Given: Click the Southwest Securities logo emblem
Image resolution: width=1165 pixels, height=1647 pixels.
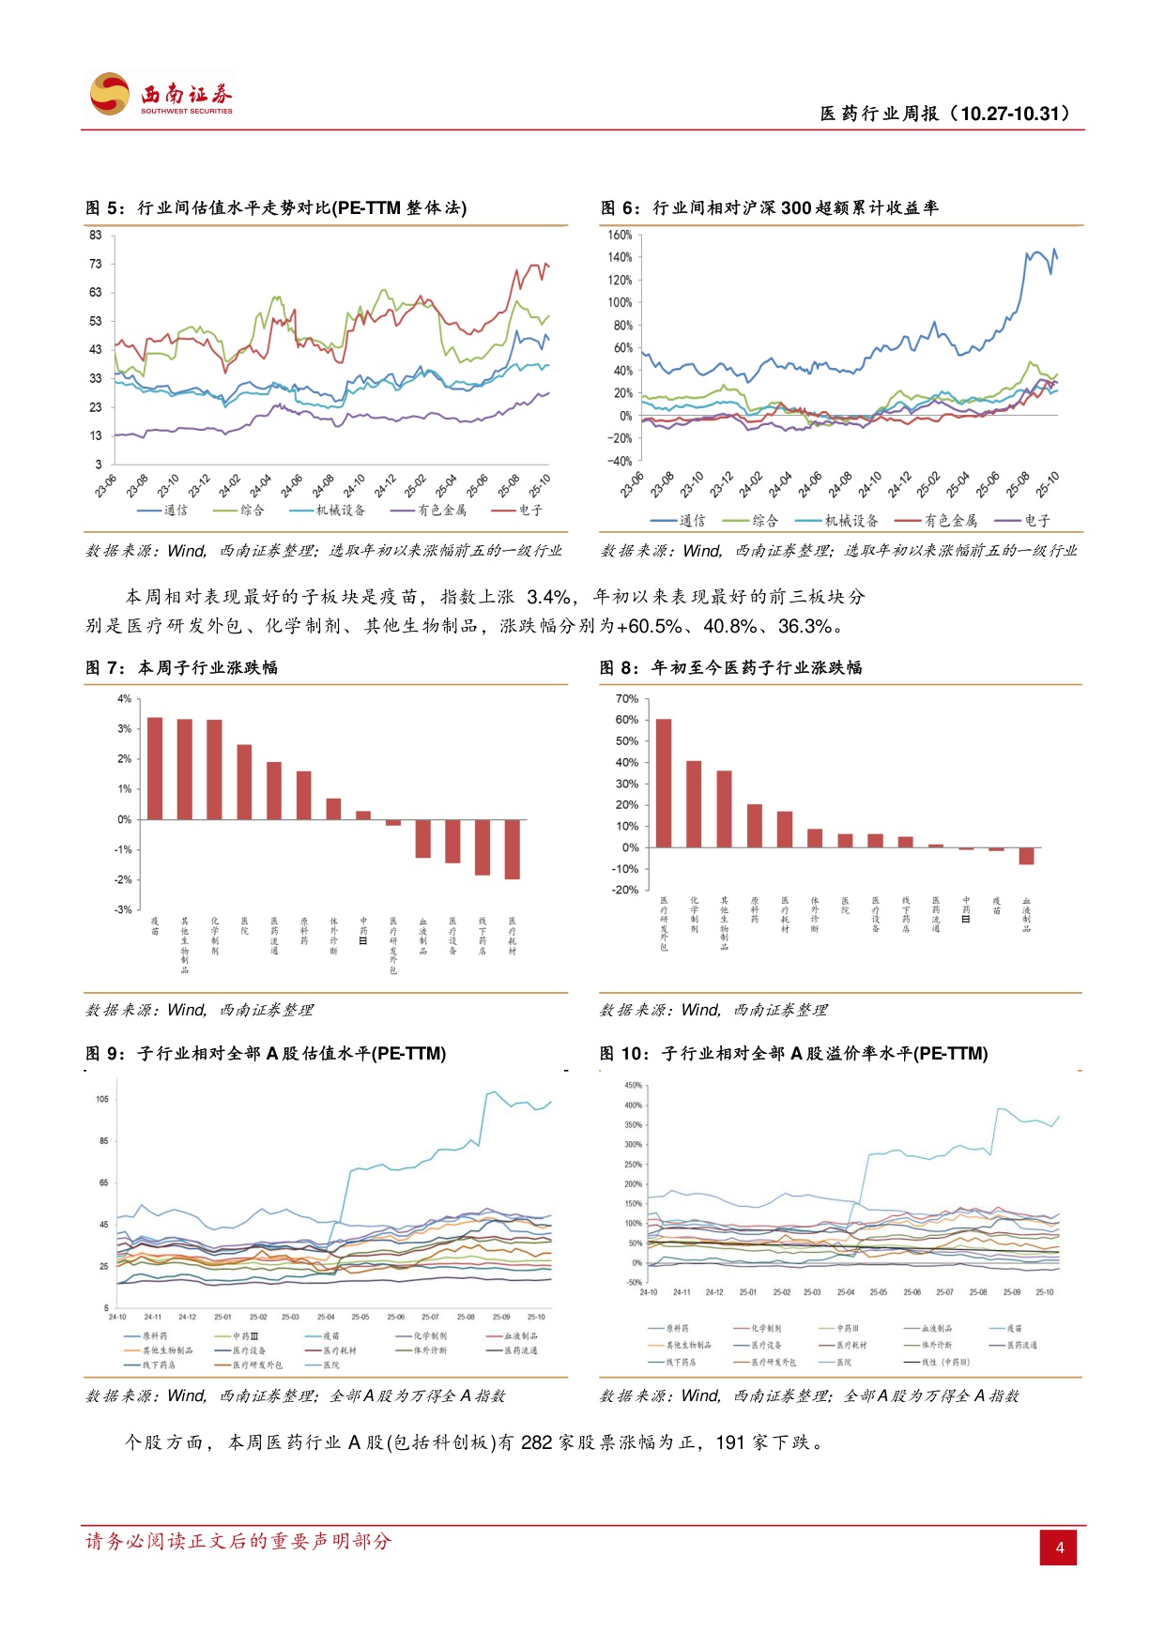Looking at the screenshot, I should click(x=110, y=94).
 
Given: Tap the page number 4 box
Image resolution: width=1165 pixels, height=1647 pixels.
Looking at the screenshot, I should click(x=1059, y=1548).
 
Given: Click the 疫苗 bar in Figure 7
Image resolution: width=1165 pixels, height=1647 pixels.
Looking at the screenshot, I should click(x=155, y=769).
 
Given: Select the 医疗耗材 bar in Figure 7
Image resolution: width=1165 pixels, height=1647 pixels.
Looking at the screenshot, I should click(x=512, y=848).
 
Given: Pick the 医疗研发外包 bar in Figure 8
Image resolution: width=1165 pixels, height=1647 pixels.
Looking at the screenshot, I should click(x=664, y=783).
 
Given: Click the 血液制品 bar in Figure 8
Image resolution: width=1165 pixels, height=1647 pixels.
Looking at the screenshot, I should click(x=1026, y=855).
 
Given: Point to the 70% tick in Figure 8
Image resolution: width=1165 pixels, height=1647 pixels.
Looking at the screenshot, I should click(x=626, y=699).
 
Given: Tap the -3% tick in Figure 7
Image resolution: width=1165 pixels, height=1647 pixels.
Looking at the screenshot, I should click(x=124, y=909).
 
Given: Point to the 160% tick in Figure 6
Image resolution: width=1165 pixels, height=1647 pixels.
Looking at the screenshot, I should click(x=620, y=235).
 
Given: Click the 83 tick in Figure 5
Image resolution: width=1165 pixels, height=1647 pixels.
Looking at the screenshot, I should click(x=96, y=235).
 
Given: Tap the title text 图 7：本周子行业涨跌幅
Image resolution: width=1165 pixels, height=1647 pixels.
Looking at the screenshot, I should click(x=181, y=668).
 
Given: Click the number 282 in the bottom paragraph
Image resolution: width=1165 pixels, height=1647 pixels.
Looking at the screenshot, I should click(x=536, y=1442).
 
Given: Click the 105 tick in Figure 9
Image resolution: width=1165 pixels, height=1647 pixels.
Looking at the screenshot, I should click(x=101, y=1099).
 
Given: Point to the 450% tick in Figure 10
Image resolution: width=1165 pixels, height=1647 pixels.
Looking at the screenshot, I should click(x=634, y=1086).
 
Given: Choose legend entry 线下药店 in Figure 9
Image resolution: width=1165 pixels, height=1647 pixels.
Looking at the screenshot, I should click(x=159, y=1365).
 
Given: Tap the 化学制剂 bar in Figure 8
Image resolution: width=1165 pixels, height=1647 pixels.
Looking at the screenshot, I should click(x=694, y=804).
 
